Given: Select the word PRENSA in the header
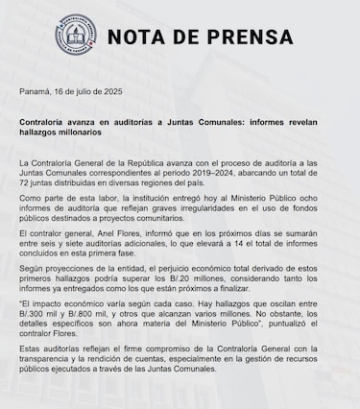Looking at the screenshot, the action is [235, 38].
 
